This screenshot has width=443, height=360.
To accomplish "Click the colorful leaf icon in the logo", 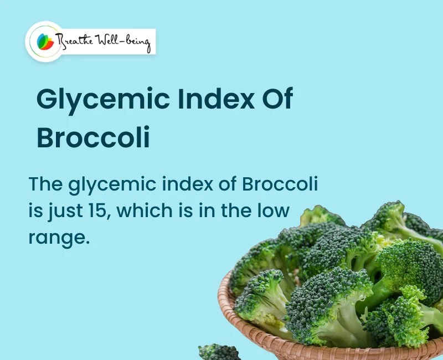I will coord(45,41).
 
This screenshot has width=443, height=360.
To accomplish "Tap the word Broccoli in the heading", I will coord(93,138).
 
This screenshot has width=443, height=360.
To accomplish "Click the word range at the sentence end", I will coord(59,238).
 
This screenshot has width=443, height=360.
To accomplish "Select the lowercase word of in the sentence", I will coord(228,184).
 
